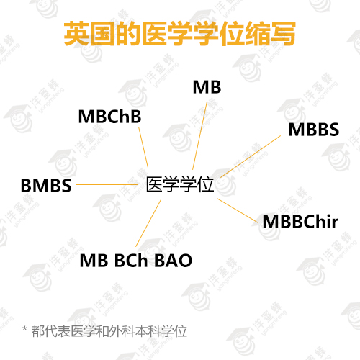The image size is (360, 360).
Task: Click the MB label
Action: pos(207,87)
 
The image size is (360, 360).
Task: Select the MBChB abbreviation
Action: pos(109,117)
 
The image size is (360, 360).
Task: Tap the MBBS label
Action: pos(314,130)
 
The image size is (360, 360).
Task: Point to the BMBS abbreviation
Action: pos(46,186)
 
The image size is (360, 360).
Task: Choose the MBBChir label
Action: pos(300,221)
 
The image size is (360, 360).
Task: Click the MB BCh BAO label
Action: pos(136,261)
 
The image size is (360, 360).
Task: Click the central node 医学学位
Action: pos(180,184)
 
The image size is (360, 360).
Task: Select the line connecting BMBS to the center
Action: pos(107,184)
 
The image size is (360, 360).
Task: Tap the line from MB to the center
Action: pos(199,135)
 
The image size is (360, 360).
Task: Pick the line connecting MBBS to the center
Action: pos(251,156)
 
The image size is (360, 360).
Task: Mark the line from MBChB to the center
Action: pos(143,147)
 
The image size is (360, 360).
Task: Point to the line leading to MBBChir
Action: pos(238,210)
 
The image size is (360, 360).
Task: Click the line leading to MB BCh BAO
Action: pos(148,223)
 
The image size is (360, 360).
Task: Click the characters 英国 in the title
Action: pos(89,33)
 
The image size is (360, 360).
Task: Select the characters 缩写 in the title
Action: pos(270,33)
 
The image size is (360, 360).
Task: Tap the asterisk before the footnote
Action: pos(24,328)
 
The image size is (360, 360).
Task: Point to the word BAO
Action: pos(173,261)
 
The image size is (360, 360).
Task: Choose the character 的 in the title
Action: pos(128,33)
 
